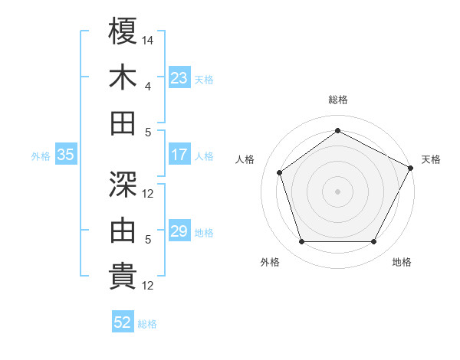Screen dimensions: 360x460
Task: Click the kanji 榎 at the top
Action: pos(123,32)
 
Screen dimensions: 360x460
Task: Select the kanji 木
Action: pos(123,77)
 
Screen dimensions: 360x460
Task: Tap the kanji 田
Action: pos(123,123)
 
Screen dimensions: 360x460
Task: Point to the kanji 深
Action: pos(123,185)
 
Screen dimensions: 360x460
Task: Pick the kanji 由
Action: pos(123,231)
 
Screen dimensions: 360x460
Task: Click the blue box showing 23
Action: pos(179,78)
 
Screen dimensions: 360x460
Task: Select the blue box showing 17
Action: pos(179,155)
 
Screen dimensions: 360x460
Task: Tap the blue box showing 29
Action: pos(179,231)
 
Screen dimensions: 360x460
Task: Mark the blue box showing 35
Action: pos(65,155)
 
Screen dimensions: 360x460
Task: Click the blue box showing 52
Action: pos(123,322)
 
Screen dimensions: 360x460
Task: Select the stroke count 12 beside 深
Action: pos(149,193)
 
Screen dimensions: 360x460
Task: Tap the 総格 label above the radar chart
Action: pos(338,100)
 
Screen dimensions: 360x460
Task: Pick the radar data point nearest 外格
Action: pos(301,242)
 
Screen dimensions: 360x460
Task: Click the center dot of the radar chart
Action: pos(338,191)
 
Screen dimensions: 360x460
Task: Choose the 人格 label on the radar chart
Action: pos(245,159)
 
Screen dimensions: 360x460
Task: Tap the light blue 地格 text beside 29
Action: pos(204,232)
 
